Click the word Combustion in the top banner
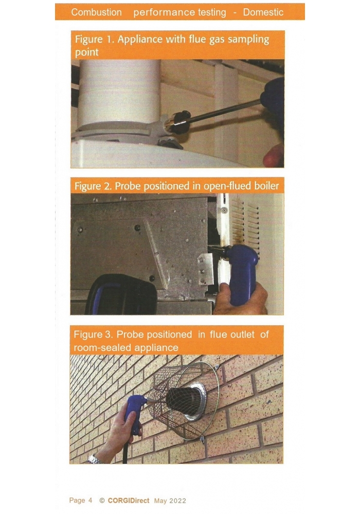tap(96, 12)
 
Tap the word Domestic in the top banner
tap(263, 12)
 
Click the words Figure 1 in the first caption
tap(94, 39)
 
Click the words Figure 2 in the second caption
tap(93, 186)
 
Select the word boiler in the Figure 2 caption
tap(266, 186)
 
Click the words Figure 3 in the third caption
tap(93, 335)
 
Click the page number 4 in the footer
tap(90, 500)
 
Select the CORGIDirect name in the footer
tap(128, 501)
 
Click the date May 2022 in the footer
tap(170, 501)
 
